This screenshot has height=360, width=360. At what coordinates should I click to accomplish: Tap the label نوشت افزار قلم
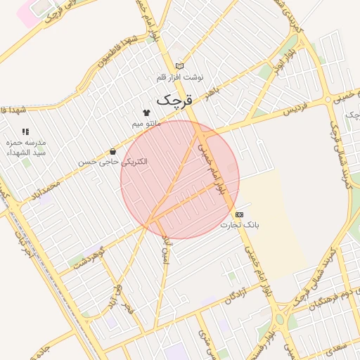(179, 75)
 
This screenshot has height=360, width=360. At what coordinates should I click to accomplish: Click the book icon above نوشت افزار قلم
(179, 65)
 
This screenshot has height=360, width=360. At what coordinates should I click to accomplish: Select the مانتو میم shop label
(146, 124)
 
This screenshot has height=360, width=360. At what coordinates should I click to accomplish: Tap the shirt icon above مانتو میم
(146, 112)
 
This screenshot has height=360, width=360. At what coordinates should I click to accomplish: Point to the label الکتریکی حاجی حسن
(113, 162)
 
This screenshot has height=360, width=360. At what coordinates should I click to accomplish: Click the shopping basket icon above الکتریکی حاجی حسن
(113, 152)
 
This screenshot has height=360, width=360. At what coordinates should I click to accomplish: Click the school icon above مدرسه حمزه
(25, 131)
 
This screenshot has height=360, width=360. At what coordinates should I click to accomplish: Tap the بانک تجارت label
(240, 225)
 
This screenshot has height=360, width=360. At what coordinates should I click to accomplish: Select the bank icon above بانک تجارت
(240, 214)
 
